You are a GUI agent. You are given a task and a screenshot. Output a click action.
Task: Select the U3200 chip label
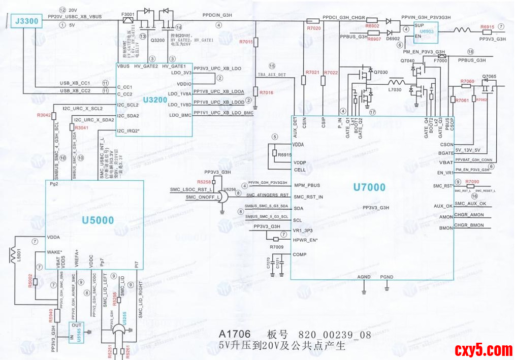pos(155,100)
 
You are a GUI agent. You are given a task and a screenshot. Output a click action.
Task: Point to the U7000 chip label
pos(369,187)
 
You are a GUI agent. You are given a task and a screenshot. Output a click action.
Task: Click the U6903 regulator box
pos(427,31)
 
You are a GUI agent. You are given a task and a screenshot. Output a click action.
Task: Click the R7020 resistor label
pos(314,28)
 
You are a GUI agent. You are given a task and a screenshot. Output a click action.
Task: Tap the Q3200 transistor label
pos(157,40)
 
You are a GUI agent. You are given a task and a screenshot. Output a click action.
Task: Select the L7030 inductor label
pos(395,90)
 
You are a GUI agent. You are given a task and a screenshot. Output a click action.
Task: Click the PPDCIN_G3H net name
pos(217,15)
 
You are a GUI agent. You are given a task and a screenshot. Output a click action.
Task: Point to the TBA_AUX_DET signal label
pos(272,75)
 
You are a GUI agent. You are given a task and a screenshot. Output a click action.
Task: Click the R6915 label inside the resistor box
pos(285,154)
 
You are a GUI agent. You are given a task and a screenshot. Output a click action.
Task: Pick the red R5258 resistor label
pos(204,182)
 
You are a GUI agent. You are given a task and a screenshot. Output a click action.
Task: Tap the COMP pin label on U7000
pos(300,254)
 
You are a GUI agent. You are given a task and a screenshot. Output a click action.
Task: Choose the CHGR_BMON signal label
pos(469,225)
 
